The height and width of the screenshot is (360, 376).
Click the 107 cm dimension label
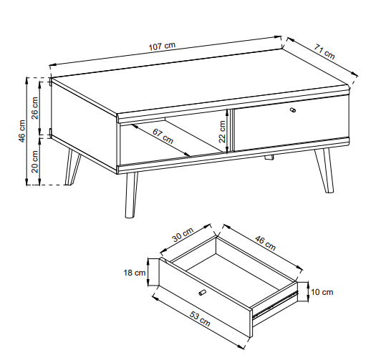[x=162, y=47]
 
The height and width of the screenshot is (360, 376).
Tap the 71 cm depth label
[x=324, y=52]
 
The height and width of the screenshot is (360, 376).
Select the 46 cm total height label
[x=21, y=131]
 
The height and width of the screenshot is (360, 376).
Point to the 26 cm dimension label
[x=34, y=108]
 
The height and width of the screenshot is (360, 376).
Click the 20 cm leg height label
[x=35, y=162]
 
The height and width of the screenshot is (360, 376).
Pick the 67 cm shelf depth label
[x=163, y=137]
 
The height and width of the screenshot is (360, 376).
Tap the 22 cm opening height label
[x=222, y=132]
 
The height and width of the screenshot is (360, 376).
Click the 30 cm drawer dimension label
[x=183, y=235]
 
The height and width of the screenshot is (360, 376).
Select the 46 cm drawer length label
[x=265, y=243]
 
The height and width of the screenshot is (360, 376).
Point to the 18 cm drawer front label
[x=135, y=273]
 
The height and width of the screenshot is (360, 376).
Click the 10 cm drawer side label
[x=322, y=292]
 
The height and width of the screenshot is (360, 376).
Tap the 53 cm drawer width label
[x=200, y=319]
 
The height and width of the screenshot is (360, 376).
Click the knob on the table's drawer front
[x=293, y=110]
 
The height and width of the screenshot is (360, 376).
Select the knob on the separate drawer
[x=203, y=293]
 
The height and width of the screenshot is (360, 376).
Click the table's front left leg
[x=132, y=195]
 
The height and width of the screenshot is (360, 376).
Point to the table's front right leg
[x=324, y=170]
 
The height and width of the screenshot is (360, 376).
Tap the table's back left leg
[x=72, y=167]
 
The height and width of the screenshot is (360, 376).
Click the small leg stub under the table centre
[x=269, y=157]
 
